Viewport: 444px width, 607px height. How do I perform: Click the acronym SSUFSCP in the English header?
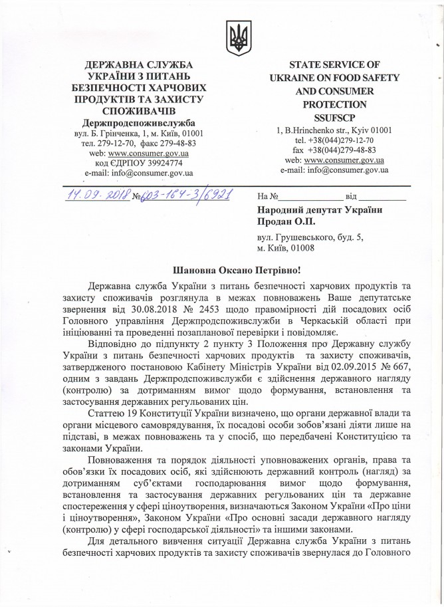point(334,117)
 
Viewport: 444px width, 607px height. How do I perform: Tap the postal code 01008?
point(301,248)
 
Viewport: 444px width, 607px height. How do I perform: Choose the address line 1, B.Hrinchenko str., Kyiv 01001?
point(334,131)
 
